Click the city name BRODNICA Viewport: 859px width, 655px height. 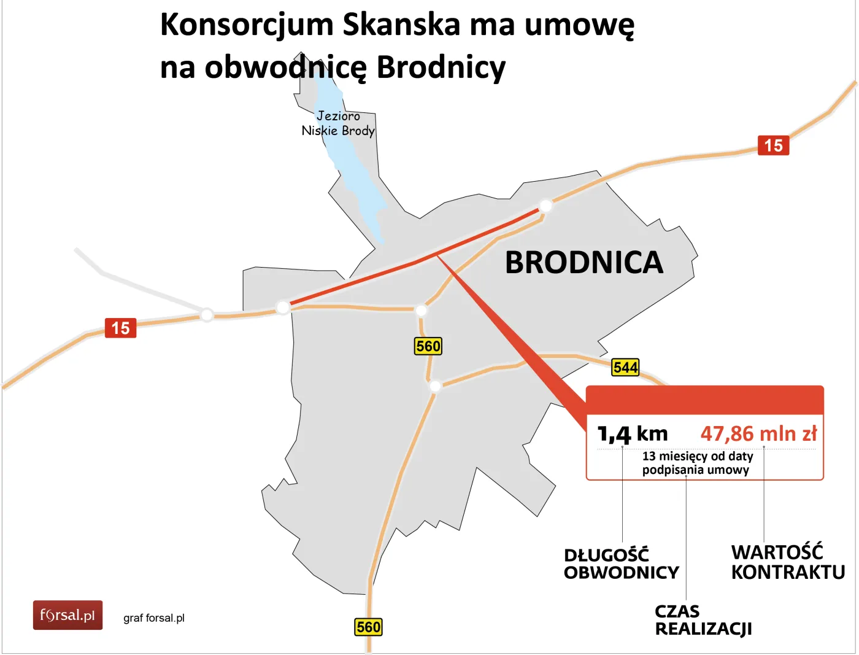click(x=584, y=263)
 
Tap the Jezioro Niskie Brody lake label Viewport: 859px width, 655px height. click(x=338, y=123)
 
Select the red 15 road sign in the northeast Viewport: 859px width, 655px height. click(x=773, y=145)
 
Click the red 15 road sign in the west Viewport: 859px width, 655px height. click(x=120, y=328)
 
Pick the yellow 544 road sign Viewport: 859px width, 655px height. click(x=625, y=368)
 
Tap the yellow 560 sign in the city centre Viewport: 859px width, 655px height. click(x=428, y=346)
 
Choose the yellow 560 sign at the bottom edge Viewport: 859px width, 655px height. click(x=368, y=627)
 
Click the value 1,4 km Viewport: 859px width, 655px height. click(x=632, y=434)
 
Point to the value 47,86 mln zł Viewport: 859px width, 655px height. click(x=758, y=434)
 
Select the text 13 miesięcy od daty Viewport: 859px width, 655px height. click(x=698, y=456)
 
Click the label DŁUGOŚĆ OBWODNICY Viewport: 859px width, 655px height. click(x=621, y=564)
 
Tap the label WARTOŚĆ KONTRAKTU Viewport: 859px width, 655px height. click(x=788, y=562)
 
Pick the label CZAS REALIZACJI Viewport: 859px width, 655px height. click(x=703, y=620)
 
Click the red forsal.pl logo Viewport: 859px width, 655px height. click(x=67, y=615)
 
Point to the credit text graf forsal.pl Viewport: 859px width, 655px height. click(x=154, y=618)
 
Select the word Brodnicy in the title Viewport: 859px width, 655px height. click(x=441, y=67)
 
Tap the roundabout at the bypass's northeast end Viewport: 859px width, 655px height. click(x=545, y=206)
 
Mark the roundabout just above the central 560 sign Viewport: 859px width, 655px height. click(x=421, y=310)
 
